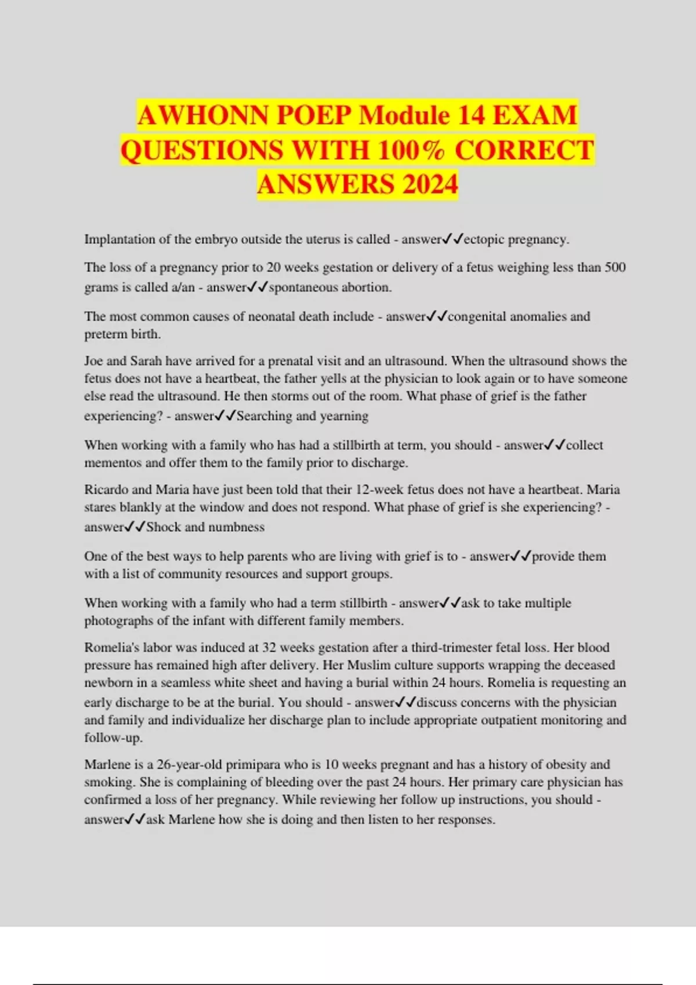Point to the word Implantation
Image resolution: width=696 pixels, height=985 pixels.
[119, 239]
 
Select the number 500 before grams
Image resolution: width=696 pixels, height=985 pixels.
[615, 268]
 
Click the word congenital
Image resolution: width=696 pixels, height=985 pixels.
[477, 316]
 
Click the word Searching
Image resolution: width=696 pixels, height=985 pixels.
[264, 416]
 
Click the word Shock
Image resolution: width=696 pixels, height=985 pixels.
[164, 527]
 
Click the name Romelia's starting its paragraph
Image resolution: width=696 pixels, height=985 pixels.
[110, 648]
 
